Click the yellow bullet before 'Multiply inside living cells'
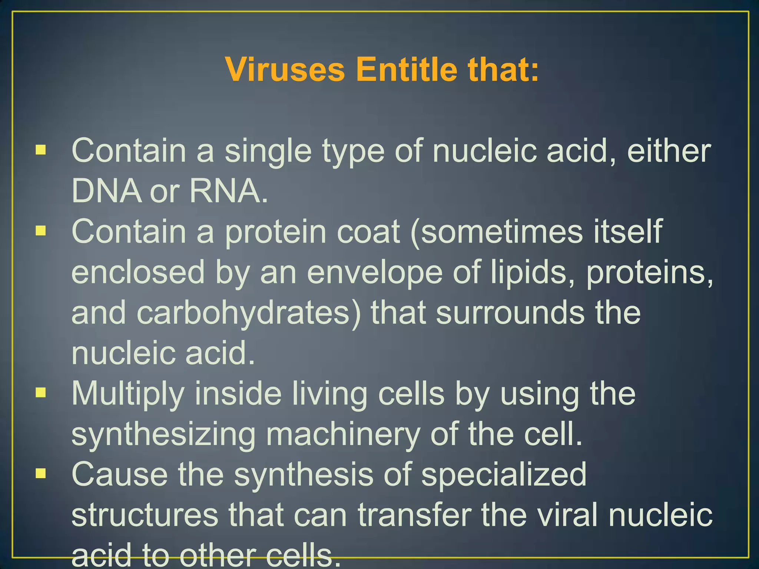[41, 392]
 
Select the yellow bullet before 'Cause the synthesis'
[41, 473]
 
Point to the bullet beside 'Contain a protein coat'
[41, 231]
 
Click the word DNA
[106, 191]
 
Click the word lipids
[533, 272]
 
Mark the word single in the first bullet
[268, 152]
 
